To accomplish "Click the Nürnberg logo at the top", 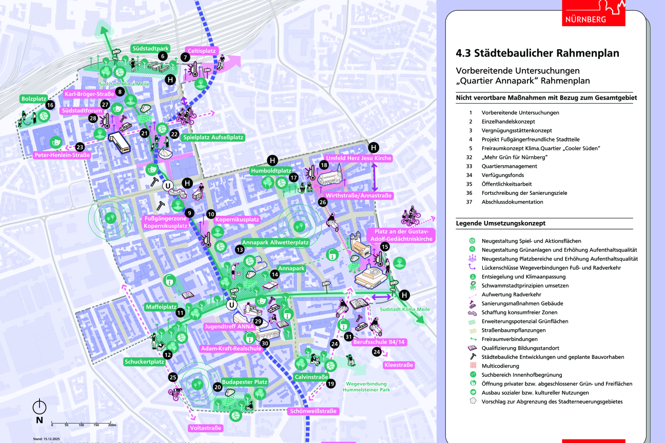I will tap(594, 12).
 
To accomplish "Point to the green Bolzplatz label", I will tap(33, 98).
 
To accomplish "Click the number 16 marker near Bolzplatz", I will tap(50, 105).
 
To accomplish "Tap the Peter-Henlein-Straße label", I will tap(62, 155).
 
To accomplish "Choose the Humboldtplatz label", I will tap(271, 171).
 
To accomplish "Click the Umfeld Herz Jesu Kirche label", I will tap(358, 158).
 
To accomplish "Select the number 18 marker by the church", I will tap(323, 165).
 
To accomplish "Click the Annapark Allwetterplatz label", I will tap(276, 241).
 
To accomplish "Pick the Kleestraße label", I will tap(398, 365).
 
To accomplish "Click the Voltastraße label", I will tap(206, 428).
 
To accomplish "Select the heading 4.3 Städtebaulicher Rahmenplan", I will tap(537, 53).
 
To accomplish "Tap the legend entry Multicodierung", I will tap(500, 366).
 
